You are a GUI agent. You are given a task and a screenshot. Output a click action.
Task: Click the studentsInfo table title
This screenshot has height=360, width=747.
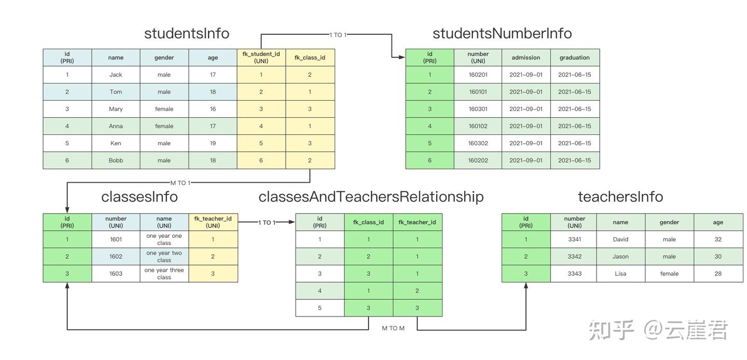(x=187, y=33)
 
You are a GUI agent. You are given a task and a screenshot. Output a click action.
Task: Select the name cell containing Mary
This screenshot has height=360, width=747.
(x=116, y=109)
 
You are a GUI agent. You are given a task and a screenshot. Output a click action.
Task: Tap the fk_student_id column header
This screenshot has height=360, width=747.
(x=261, y=58)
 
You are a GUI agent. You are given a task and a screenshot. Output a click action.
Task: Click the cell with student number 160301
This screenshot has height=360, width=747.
(x=478, y=109)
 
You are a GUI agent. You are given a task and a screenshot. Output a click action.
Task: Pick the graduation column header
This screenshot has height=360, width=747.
(x=574, y=58)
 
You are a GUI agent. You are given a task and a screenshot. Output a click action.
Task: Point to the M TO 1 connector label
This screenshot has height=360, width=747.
(x=181, y=183)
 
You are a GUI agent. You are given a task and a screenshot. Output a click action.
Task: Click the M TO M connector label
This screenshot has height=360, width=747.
(x=393, y=328)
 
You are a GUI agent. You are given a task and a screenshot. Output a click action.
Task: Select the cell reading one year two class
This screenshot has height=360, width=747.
(x=164, y=257)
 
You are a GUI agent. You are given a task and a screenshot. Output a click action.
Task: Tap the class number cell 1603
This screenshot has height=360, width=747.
(x=116, y=274)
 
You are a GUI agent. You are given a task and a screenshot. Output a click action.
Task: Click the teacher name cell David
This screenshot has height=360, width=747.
(x=620, y=240)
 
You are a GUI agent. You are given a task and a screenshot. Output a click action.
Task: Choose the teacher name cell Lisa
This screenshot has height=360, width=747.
(x=620, y=274)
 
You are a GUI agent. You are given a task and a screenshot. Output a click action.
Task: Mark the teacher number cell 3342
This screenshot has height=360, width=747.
(x=574, y=257)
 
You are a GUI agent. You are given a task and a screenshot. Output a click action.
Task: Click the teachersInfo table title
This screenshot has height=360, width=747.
(x=620, y=197)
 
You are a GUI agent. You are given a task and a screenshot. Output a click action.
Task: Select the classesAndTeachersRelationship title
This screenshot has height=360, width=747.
(x=371, y=197)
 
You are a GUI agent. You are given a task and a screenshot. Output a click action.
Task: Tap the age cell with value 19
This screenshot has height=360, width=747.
(x=213, y=143)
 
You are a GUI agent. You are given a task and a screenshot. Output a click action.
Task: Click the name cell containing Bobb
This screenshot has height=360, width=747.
(x=116, y=160)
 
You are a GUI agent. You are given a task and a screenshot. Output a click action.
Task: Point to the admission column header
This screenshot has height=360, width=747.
(x=525, y=58)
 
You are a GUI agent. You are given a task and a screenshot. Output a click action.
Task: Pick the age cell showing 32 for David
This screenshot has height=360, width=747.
(x=718, y=240)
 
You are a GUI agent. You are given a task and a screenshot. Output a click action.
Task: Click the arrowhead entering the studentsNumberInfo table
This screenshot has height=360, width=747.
(x=402, y=58)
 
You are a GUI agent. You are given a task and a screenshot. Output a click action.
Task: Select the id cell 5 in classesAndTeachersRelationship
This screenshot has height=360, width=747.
(x=320, y=308)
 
